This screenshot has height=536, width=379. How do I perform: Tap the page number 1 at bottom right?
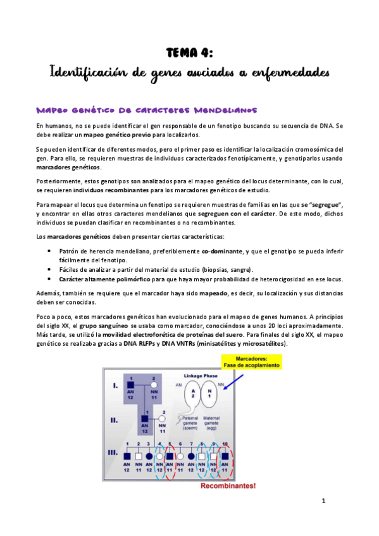click(323, 501)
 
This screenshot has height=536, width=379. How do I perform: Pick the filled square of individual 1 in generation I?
click(131, 385)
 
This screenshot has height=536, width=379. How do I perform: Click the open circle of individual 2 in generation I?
click(154, 385)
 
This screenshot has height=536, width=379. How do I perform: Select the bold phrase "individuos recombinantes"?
click(112, 190)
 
